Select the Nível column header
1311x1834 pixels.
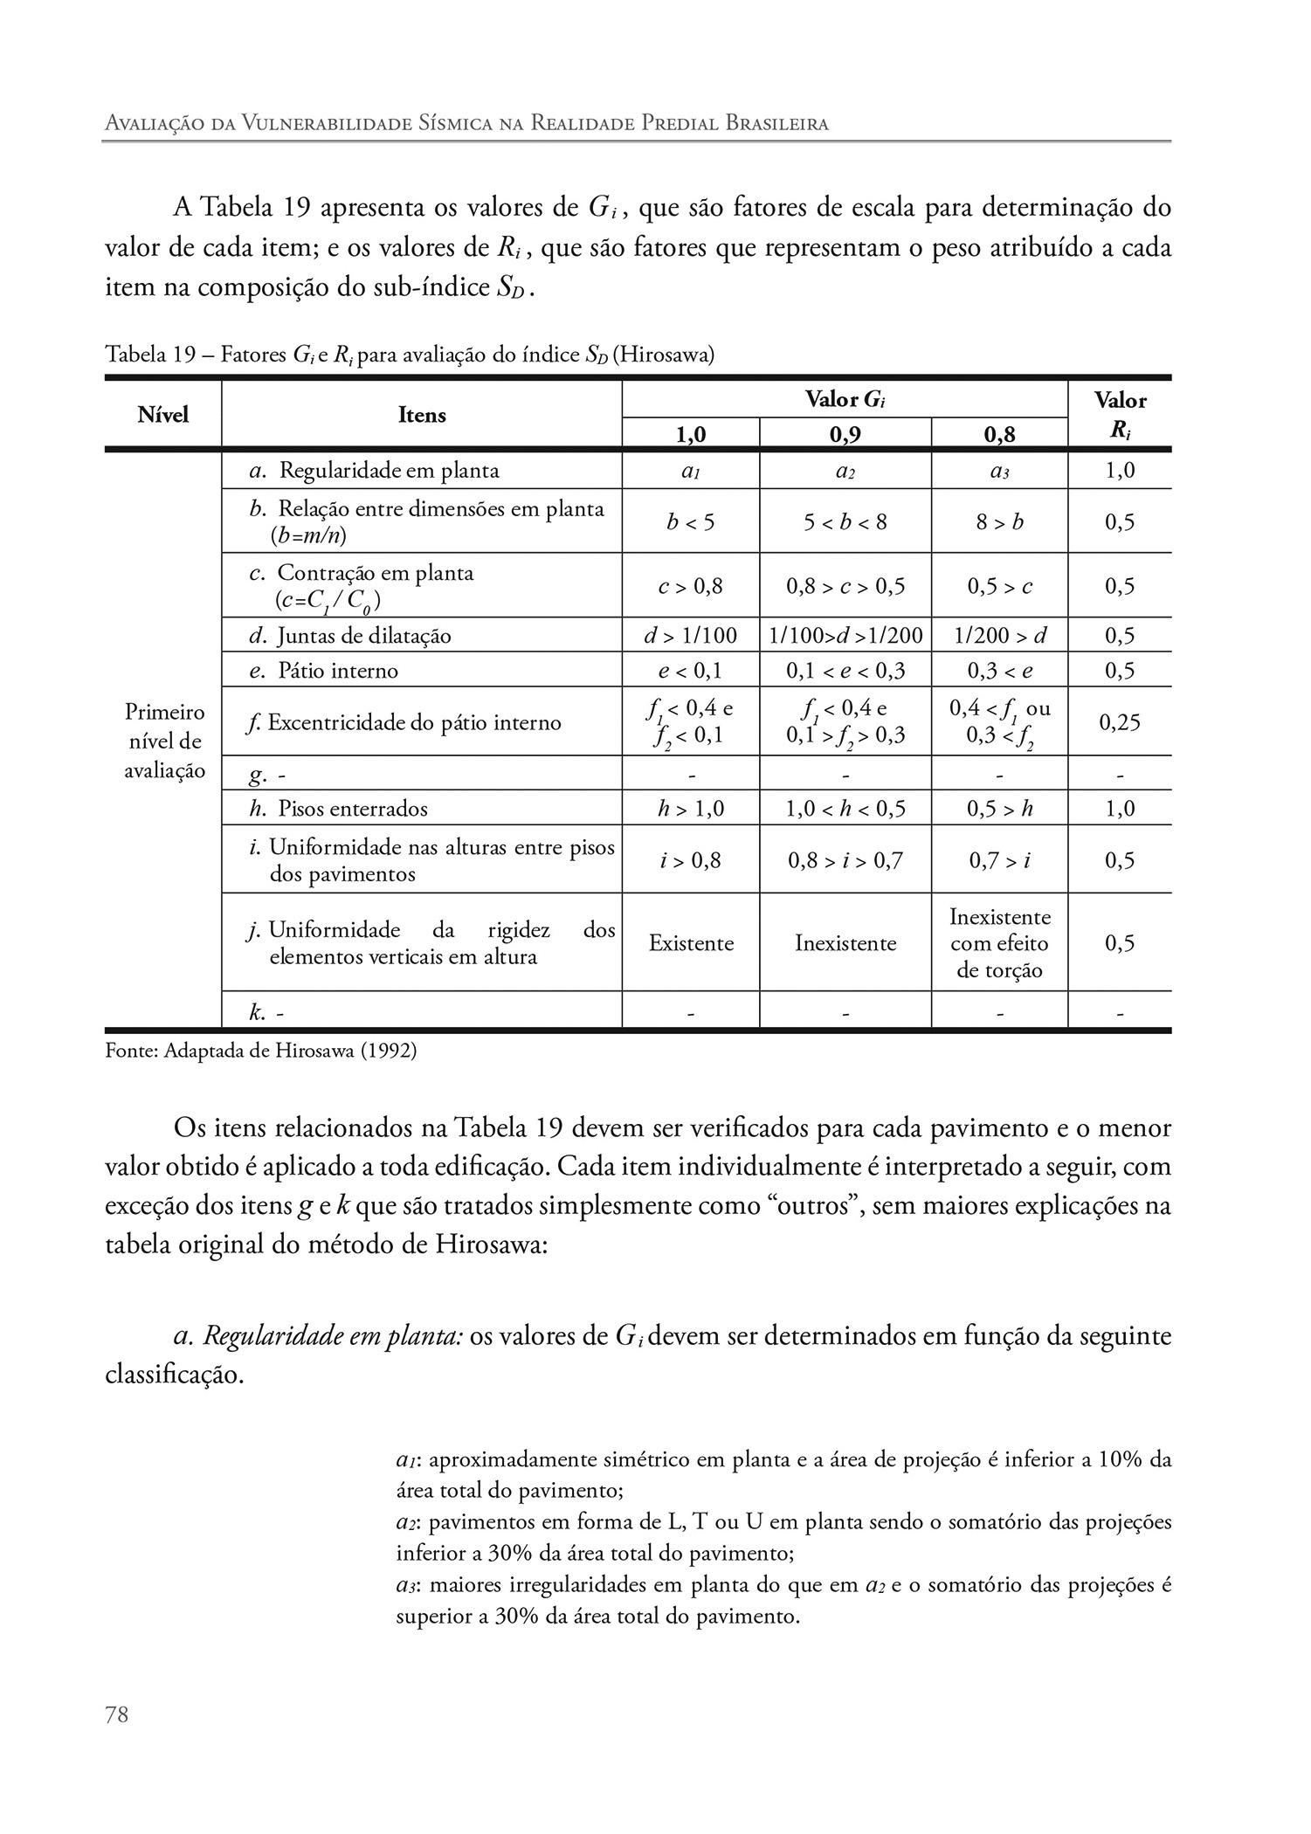163,415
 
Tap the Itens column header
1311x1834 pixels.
422,415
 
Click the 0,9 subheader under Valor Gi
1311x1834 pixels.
845,434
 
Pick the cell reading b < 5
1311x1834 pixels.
690,522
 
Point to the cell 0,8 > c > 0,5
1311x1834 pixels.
845,586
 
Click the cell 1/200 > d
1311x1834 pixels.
1000,636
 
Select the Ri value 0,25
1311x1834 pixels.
1120,722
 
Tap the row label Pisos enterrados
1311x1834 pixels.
353,809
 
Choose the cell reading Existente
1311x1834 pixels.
691,943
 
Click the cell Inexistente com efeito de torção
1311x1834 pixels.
1000,943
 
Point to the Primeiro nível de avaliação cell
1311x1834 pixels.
164,741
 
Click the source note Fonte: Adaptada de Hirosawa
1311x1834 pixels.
260,1051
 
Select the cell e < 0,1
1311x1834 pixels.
690,671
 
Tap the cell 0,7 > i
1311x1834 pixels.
1000,861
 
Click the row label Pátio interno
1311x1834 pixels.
337,671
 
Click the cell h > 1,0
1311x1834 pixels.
690,809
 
